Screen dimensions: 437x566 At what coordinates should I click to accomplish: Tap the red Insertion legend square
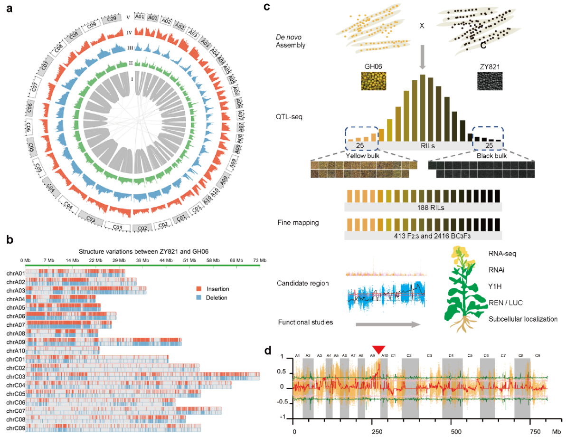click(x=200, y=288)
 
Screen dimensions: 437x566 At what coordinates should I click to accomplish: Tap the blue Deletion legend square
click(x=200, y=298)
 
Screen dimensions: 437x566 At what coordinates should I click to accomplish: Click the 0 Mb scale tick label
click(x=26, y=260)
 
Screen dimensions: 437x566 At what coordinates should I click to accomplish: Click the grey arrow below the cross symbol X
click(x=422, y=55)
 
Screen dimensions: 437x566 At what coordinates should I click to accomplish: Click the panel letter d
click(x=268, y=351)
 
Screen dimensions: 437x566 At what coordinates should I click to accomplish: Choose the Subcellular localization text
click(x=523, y=319)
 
